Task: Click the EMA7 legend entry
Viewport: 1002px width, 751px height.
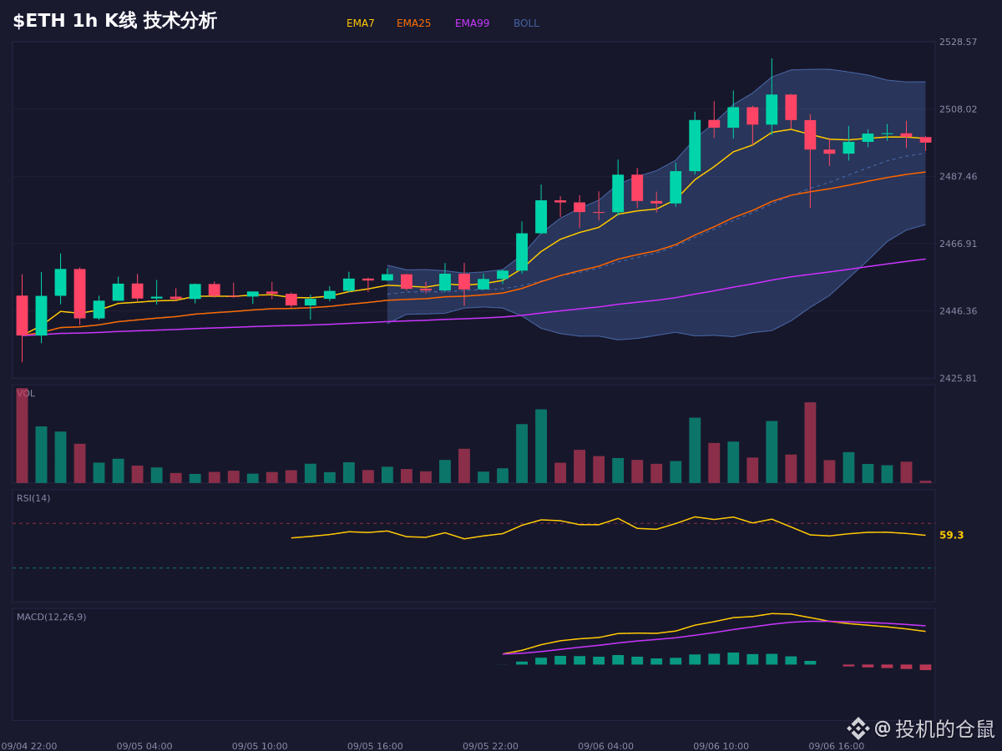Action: pos(360,23)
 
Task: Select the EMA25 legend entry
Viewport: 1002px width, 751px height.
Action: pos(413,23)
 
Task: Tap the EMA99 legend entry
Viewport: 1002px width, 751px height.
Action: pos(472,23)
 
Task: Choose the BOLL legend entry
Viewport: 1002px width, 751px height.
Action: pos(526,23)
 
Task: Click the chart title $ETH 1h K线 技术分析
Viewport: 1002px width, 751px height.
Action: pos(115,21)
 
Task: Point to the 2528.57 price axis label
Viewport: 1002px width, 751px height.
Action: pos(959,42)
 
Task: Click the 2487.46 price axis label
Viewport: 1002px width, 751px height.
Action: pos(959,176)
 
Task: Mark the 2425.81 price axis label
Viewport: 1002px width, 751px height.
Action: pos(959,378)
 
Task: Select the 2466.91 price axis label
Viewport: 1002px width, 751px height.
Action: pos(959,244)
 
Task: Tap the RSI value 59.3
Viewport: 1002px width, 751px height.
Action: pos(951,535)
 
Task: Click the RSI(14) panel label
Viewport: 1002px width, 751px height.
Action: pos(33,498)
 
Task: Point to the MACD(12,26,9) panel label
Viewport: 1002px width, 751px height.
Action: pos(51,617)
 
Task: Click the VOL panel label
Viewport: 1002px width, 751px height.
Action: pos(26,393)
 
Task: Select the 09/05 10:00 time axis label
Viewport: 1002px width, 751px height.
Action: pos(260,746)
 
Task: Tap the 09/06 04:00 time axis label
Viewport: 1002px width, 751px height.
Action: pos(605,746)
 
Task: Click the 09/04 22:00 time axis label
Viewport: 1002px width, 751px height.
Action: pos(29,746)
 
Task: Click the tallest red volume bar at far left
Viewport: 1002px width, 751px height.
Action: pos(22,436)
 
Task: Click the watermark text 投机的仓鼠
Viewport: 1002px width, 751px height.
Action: pos(945,728)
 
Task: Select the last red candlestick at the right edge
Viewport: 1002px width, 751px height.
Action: pos(926,140)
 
